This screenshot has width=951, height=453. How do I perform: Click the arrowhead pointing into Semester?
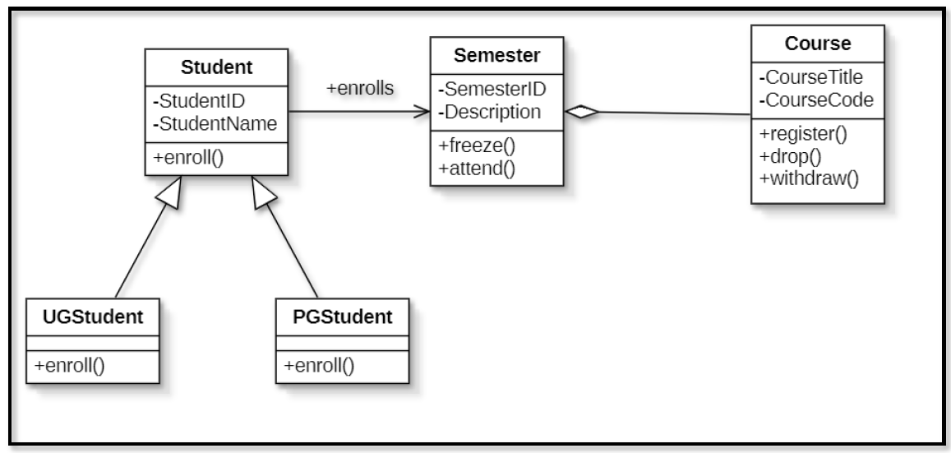click(423, 112)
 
